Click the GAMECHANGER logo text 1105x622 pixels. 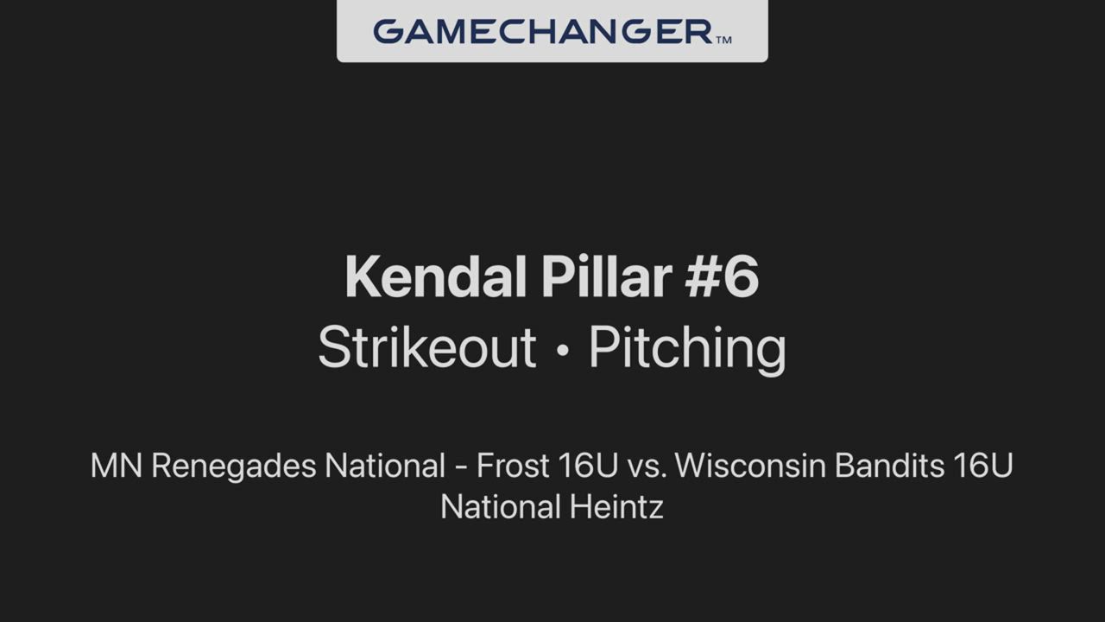(543, 32)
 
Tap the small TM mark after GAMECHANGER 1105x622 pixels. (723, 40)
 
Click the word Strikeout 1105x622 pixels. (427, 346)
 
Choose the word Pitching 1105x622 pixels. (688, 351)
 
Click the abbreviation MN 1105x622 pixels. (117, 466)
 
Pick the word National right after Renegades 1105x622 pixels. (385, 466)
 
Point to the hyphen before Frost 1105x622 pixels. (461, 467)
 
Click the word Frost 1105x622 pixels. (513, 466)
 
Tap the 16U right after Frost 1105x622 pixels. (589, 466)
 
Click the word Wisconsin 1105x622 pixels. (750, 466)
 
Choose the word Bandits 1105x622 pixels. (889, 466)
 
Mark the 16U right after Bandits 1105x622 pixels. (983, 466)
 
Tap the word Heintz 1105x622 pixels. (616, 507)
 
